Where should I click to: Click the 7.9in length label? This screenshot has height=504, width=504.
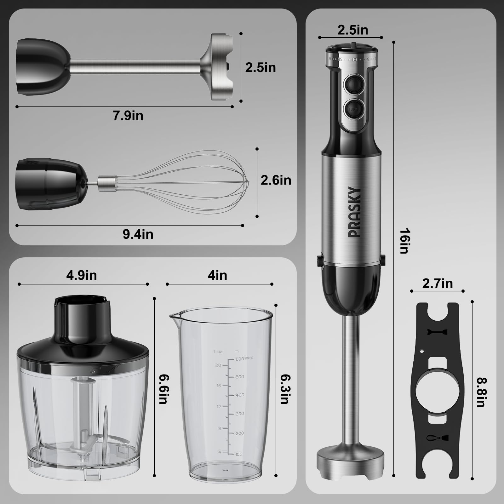click(x=128, y=116)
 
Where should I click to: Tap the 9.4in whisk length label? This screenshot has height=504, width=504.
click(x=138, y=234)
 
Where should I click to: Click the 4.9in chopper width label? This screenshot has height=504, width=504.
click(x=81, y=275)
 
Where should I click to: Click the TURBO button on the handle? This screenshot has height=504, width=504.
click(x=354, y=109)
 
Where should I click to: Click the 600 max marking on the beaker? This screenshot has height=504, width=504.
click(x=243, y=359)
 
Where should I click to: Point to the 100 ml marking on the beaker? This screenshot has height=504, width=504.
click(x=238, y=454)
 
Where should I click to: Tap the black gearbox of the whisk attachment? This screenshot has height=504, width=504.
click(x=50, y=184)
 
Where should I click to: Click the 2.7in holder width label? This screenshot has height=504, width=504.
click(x=437, y=284)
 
